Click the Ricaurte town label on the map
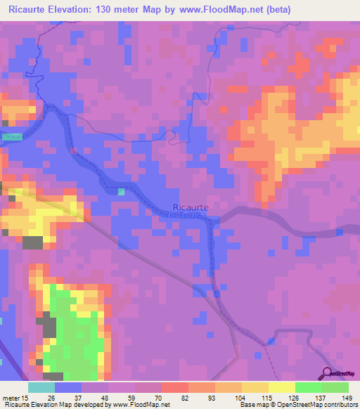pos(190,207)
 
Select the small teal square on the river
pos(122,191)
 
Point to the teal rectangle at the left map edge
pos(11,136)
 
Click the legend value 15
pos(25,398)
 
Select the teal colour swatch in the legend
pos(41,387)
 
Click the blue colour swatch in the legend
pos(67,387)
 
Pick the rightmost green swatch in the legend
pos(335,387)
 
